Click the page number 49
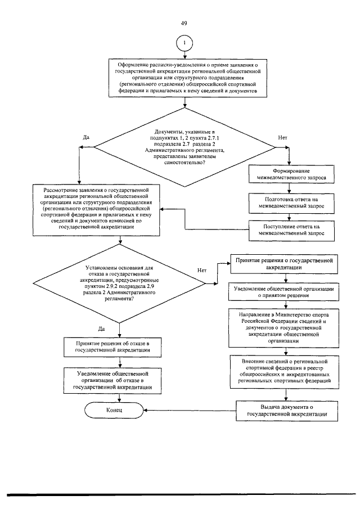184,24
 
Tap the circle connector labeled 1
184,43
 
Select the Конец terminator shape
114,410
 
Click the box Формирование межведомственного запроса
291,174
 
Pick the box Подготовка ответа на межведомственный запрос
291,202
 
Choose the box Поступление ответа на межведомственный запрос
291,230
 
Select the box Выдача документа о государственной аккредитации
287,411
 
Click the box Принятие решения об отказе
112,347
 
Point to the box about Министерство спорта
284,328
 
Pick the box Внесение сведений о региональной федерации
285,371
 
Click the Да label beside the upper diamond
86,137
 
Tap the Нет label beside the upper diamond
283,138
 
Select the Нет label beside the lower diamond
202,271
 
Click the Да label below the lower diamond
101,329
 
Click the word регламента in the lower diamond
117,298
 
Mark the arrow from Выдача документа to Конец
190,411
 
